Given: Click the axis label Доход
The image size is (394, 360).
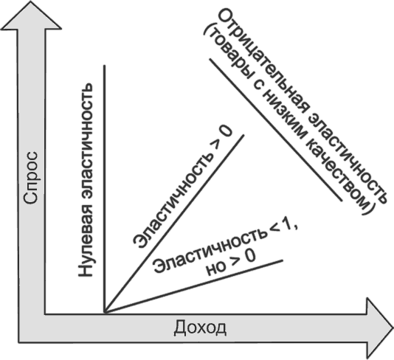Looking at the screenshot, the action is tap(200, 328).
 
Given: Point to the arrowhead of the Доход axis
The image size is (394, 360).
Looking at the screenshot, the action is tap(379, 328).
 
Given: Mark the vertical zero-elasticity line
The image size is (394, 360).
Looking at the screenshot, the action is tap(105, 189).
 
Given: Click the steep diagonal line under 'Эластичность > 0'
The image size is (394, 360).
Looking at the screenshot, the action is tap(174, 224).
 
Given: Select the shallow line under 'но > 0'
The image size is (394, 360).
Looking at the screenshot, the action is tap(194, 287).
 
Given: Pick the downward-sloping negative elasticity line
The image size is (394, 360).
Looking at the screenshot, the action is tap(276, 130).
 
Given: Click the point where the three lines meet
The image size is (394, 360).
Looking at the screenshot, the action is tap(105, 313).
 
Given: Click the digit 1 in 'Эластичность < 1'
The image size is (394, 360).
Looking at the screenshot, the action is tap(287, 227).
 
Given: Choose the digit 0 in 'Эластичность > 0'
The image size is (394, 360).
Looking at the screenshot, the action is tap(224, 131).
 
